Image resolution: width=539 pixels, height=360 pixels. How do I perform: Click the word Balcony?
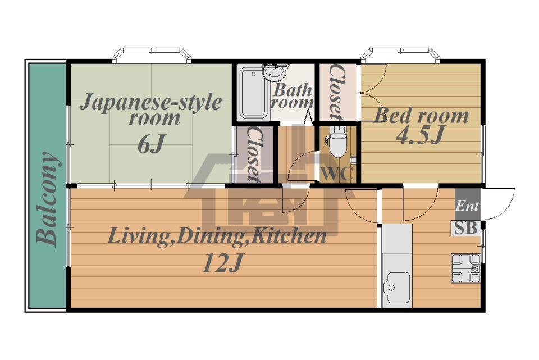[47, 199]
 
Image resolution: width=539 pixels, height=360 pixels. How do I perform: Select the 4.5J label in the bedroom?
[420, 135]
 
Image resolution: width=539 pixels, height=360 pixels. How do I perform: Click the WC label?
[337, 174]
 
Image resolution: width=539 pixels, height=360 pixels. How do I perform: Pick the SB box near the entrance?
[466, 228]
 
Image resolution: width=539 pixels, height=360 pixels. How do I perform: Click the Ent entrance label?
[467, 206]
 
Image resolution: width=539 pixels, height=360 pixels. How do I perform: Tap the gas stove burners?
[466, 268]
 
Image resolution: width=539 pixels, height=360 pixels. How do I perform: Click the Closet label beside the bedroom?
[336, 92]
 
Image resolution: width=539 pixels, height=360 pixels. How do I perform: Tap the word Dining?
[209, 237]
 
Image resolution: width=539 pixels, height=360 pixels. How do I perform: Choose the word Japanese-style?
[151, 102]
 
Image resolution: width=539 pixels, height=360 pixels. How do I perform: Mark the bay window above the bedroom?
[400, 54]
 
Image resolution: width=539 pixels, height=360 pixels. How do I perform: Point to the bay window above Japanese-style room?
[152, 54]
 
